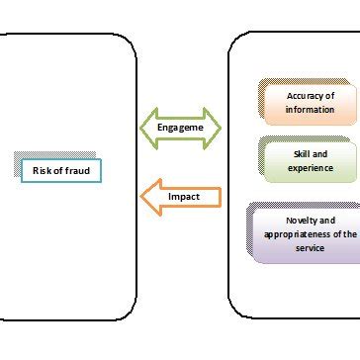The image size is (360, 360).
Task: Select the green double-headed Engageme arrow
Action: [x=181, y=129]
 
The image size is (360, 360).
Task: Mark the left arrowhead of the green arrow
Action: [x=147, y=129]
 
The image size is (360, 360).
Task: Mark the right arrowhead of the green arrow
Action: [x=215, y=129]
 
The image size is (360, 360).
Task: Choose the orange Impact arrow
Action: [x=181, y=197]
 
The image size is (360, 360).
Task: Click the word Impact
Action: [x=184, y=197]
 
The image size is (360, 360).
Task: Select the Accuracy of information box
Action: [x=310, y=102]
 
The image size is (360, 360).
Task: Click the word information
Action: [x=311, y=109]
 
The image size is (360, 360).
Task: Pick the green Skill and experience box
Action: [x=310, y=161]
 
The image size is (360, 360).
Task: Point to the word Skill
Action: [x=300, y=154]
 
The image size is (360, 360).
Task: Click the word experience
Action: [x=311, y=168]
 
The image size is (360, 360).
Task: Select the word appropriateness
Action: [x=294, y=234]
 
